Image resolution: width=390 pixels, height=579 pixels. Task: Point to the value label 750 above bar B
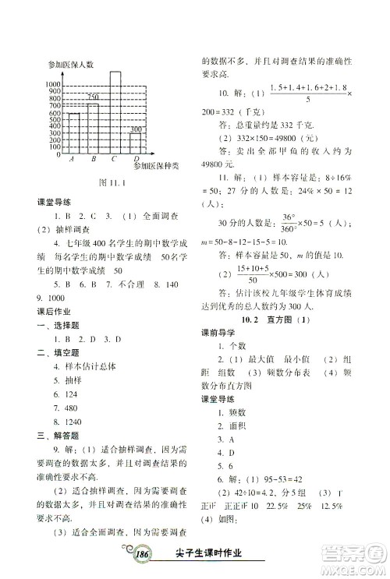click(93, 97)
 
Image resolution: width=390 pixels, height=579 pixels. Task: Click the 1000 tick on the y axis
click(53, 84)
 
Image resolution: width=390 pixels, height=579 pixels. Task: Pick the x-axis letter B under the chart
click(93, 160)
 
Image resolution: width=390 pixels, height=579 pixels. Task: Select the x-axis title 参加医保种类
click(156, 165)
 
